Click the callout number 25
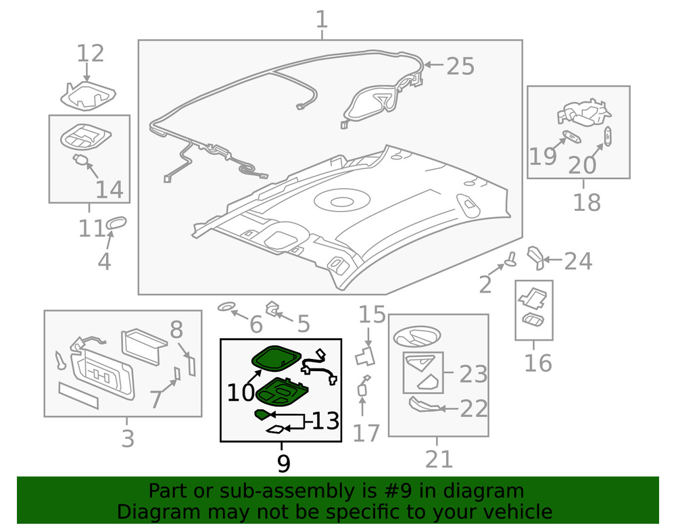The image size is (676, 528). point(460,66)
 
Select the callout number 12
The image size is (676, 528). point(90,53)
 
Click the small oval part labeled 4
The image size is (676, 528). point(116,224)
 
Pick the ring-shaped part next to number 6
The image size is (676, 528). point(226,308)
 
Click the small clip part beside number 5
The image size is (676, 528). point(273,308)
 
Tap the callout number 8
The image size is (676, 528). point(176,330)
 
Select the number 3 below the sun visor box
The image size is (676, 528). point(128,438)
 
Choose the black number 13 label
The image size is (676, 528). point(324,421)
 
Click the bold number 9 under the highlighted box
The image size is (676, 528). point(283,463)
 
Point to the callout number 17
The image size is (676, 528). point(366,432)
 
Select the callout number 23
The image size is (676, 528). point(473,374)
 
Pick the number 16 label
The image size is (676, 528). point(538,363)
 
